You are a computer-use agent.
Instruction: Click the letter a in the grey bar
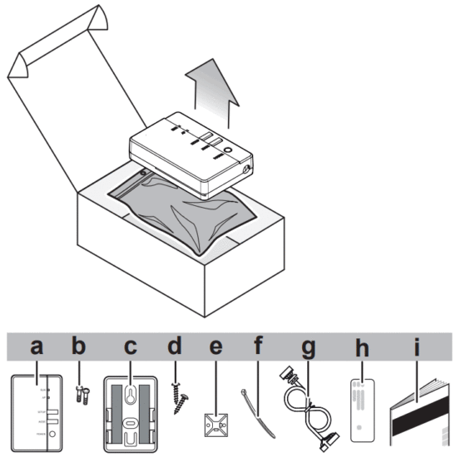click(35, 346)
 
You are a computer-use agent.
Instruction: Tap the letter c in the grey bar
click(129, 346)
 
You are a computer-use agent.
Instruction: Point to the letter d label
click(175, 346)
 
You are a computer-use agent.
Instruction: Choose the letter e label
click(216, 346)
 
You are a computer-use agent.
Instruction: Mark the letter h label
click(361, 346)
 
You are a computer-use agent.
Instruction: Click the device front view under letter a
click(37, 410)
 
